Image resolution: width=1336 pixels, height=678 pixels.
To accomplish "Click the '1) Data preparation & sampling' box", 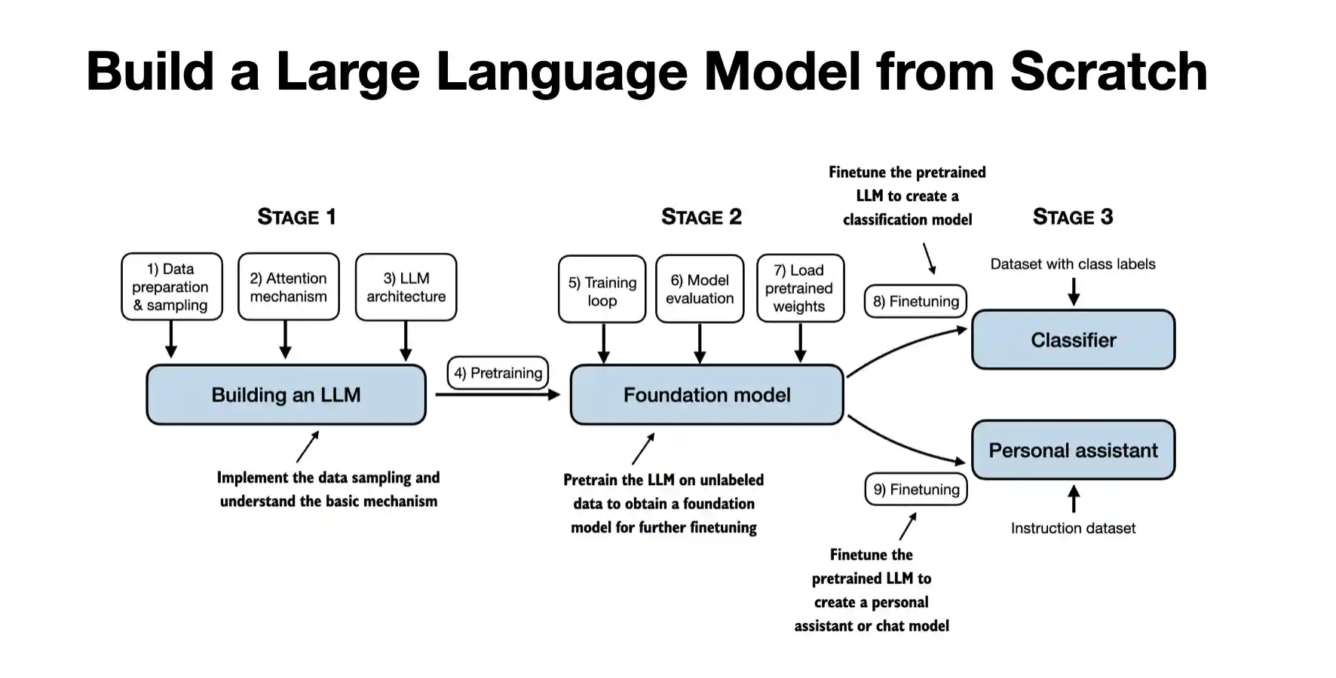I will click(172, 287).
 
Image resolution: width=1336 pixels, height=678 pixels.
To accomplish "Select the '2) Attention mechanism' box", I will click(288, 287).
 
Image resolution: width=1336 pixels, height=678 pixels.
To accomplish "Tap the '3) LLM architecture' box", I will click(406, 287).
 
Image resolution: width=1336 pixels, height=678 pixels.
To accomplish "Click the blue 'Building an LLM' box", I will click(286, 395).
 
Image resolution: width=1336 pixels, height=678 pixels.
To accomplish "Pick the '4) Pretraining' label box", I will click(498, 373).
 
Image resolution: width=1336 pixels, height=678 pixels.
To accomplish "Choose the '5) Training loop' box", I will click(602, 290).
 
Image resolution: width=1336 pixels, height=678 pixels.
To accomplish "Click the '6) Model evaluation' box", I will click(700, 289).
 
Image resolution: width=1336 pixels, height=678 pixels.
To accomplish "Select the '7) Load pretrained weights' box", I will click(800, 289).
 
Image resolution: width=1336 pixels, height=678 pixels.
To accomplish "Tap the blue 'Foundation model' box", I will click(706, 395).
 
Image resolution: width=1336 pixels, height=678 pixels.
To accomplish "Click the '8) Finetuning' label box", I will click(915, 301).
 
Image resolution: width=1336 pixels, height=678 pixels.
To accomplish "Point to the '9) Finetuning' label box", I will click(915, 490).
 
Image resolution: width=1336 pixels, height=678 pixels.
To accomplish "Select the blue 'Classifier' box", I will click(1073, 340).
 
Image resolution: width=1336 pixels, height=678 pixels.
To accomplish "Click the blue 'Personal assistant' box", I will click(1073, 450).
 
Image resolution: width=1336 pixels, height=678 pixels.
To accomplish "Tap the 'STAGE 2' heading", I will click(701, 217).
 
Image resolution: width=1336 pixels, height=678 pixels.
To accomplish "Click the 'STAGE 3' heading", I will click(1072, 217).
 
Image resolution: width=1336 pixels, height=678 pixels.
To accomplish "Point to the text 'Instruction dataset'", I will click(1072, 528).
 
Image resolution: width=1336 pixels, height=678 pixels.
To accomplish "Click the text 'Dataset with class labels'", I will click(1072, 264).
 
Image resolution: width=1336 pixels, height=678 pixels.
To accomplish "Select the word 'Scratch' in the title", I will click(1108, 72).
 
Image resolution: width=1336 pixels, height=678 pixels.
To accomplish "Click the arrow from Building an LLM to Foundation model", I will click(498, 394).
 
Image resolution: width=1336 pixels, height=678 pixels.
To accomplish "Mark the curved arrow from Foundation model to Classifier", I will click(905, 347).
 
